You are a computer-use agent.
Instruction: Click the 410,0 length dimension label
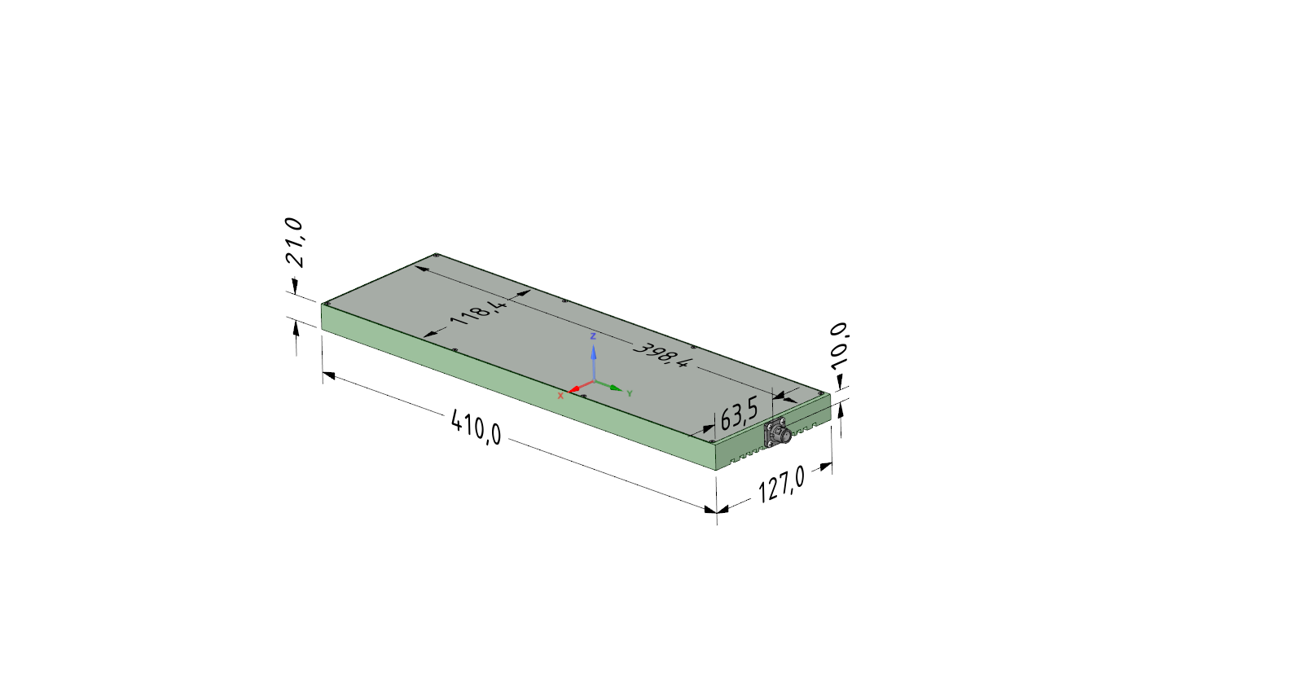477,427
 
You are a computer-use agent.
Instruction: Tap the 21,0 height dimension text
295,242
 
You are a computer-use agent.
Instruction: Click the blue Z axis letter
593,335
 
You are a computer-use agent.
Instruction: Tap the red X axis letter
560,396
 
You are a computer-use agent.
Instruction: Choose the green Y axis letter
630,393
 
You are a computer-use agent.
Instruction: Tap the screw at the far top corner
437,256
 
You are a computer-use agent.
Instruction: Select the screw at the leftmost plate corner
327,304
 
